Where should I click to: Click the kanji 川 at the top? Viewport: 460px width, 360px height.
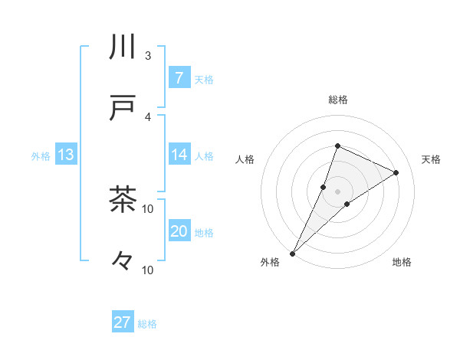pyautogui.click(x=123, y=47)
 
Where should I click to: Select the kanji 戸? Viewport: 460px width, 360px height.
pyautogui.click(x=123, y=109)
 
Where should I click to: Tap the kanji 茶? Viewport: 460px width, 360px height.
pyautogui.click(x=123, y=200)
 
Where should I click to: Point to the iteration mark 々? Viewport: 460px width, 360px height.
pyautogui.click(x=123, y=261)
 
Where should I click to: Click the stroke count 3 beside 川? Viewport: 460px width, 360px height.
pyautogui.click(x=148, y=56)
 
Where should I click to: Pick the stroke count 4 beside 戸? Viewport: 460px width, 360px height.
pyautogui.click(x=148, y=117)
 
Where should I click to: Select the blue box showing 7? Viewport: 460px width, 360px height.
pyautogui.click(x=179, y=77)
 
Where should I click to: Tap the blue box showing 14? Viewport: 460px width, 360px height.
pyautogui.click(x=179, y=155)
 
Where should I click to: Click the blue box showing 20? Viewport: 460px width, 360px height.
pyautogui.click(x=179, y=231)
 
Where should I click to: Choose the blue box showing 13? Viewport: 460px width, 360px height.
pyautogui.click(x=66, y=155)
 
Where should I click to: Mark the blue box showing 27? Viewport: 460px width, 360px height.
pyautogui.click(x=123, y=322)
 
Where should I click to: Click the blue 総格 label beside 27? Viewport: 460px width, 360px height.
pyautogui.click(x=147, y=324)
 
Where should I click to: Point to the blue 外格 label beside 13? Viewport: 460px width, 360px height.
pyautogui.click(x=41, y=156)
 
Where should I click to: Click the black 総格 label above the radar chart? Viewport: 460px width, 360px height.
pyautogui.click(x=337, y=100)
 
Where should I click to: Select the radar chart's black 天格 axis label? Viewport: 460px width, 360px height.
pyautogui.click(x=431, y=159)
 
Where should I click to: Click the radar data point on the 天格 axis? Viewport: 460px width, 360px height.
pyautogui.click(x=396, y=173)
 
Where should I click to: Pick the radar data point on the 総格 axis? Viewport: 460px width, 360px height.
pyautogui.click(x=337, y=146)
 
